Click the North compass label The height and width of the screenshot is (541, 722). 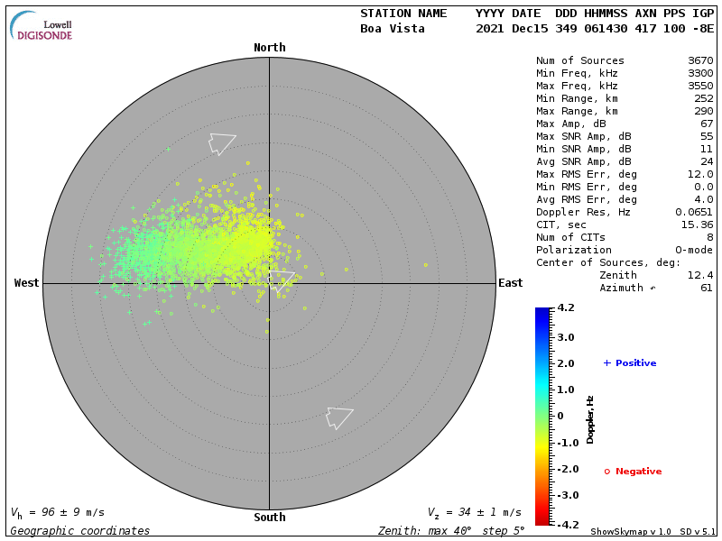pos(269,48)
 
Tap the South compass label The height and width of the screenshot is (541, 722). pos(269,518)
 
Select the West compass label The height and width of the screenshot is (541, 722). pos(26,283)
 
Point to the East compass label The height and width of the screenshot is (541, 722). pos(510,283)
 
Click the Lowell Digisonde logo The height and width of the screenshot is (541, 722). pos(43,26)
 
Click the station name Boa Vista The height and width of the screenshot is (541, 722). pos(393,29)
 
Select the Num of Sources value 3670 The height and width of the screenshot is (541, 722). pos(700,61)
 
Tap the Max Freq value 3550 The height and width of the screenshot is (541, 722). pos(700,87)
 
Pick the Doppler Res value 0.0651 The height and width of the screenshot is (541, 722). pos(694,213)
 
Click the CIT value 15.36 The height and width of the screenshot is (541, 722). pos(697,225)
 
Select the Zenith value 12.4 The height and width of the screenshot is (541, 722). pos(700,275)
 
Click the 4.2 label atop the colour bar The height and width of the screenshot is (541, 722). pos(566,308)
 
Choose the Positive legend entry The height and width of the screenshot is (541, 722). pos(630,363)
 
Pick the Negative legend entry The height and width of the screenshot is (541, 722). pos(633,472)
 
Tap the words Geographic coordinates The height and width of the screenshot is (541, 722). pos(80,531)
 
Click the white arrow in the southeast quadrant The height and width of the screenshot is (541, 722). pos(338,417)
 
